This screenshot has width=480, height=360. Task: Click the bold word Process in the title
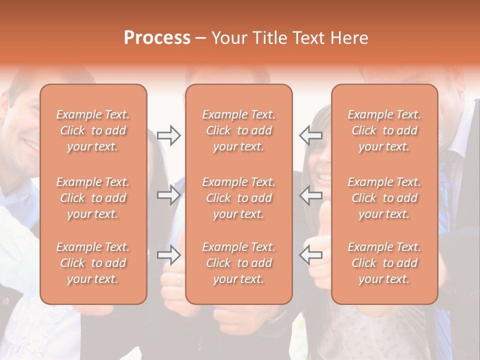coord(157,38)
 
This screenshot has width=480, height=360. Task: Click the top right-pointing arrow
coord(168,135)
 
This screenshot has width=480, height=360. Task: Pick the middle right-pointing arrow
coord(168,194)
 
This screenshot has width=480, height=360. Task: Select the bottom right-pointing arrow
coord(168,255)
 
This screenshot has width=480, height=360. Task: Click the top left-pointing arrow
coord(311,135)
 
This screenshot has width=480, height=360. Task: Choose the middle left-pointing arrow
coord(311,194)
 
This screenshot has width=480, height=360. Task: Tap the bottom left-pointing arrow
coord(311,255)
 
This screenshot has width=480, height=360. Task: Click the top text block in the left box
coord(93,130)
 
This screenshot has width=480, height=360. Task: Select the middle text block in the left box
coord(93,198)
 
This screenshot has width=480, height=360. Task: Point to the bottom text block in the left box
coord(93,263)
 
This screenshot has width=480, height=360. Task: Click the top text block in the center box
coord(239,130)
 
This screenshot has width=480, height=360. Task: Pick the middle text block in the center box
coord(239,198)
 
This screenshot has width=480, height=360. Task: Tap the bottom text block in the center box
coord(239,263)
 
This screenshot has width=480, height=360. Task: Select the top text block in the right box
coord(384,130)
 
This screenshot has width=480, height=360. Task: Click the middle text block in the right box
coord(384,198)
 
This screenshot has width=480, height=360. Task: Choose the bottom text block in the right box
coord(384,263)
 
